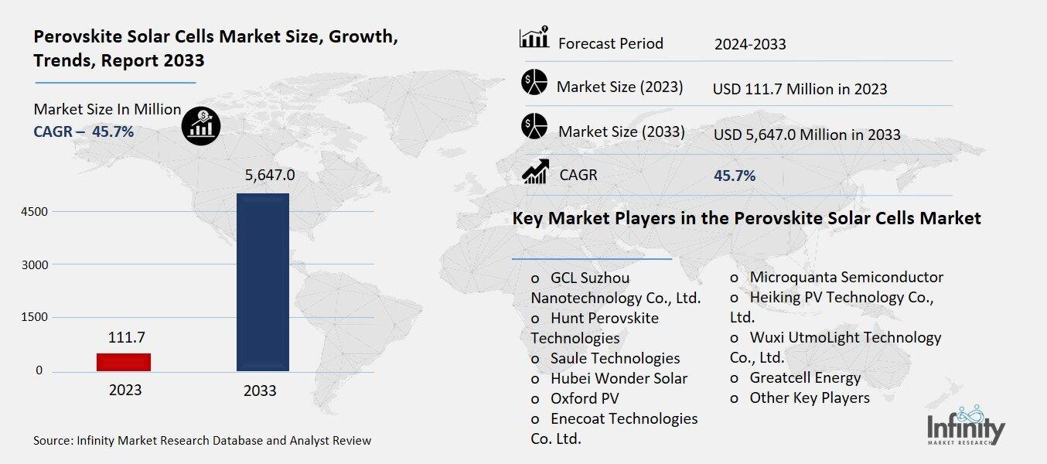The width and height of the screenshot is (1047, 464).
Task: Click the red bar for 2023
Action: click(x=124, y=362)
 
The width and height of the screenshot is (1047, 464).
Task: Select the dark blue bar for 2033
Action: click(x=263, y=282)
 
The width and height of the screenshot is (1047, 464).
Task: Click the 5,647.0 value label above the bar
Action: click(x=264, y=176)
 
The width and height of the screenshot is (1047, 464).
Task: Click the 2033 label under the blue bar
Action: click(x=260, y=391)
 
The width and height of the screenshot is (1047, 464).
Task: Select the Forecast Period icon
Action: click(x=534, y=38)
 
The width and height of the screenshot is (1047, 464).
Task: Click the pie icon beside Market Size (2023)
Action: click(x=534, y=82)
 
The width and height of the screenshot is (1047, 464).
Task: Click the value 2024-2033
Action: click(x=750, y=44)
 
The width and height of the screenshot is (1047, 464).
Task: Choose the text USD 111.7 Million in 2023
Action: click(x=800, y=89)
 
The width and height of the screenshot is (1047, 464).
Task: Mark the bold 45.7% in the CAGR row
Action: click(x=735, y=176)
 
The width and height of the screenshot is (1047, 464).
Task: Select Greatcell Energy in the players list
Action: click(x=804, y=377)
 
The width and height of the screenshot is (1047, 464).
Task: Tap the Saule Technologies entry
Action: click(x=615, y=358)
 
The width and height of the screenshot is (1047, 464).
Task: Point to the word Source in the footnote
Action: click(x=52, y=441)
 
